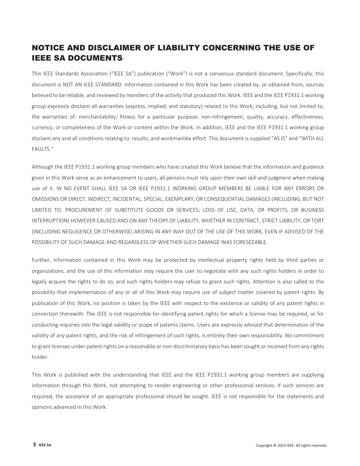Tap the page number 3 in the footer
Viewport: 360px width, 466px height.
[x=34, y=445]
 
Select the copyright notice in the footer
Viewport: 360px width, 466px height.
[x=291, y=446]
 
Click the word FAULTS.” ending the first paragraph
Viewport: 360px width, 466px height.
[x=41, y=149]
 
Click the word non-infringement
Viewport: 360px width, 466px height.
[x=221, y=117]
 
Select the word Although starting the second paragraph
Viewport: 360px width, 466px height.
[x=42, y=167]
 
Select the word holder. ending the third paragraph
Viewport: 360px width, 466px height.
[x=40, y=357]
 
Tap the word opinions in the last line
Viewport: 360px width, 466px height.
[x=42, y=407]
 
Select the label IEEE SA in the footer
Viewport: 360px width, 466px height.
[x=45, y=446]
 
